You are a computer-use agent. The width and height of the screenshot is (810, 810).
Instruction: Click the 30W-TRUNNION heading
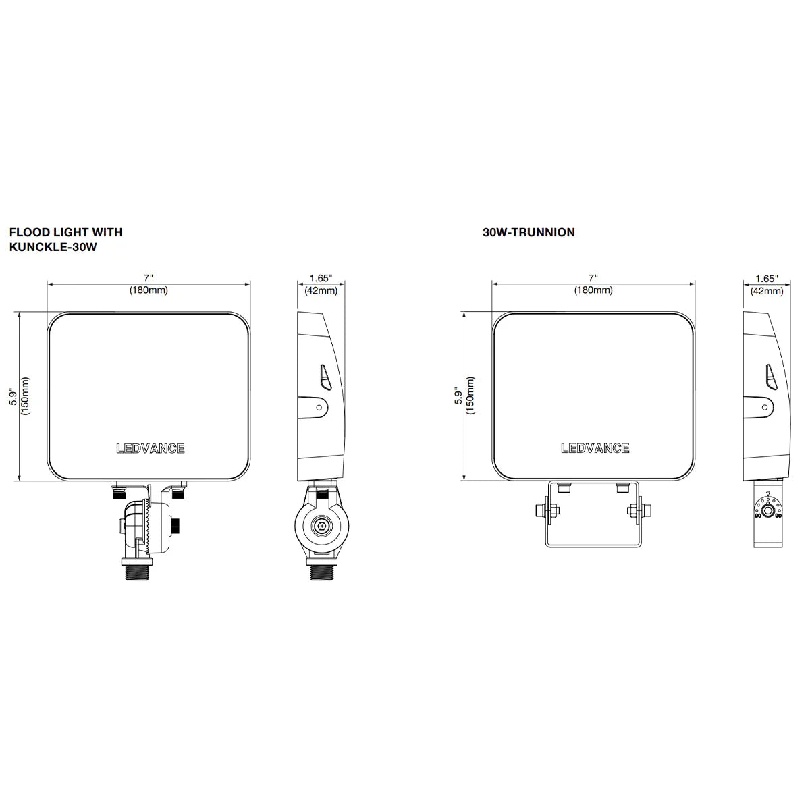tap(529, 232)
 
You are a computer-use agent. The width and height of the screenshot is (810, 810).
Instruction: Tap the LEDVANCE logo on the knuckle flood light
tap(150, 448)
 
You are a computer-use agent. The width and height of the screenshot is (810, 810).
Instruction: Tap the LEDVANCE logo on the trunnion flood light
tap(595, 448)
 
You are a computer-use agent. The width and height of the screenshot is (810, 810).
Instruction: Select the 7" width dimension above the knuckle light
tap(148, 278)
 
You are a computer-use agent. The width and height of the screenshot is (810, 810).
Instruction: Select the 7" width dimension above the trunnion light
tap(593, 278)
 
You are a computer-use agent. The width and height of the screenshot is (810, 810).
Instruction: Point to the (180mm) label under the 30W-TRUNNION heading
tap(593, 290)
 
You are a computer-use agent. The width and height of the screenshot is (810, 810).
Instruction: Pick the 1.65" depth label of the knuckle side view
tap(321, 278)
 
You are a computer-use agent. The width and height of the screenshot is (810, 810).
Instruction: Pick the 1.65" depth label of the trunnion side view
tap(766, 278)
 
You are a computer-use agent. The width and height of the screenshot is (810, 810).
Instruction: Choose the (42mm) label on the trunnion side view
tap(766, 291)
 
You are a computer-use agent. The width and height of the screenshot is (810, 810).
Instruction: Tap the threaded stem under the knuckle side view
tap(322, 574)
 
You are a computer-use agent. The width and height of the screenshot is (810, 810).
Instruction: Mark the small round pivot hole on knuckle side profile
tap(319, 406)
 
